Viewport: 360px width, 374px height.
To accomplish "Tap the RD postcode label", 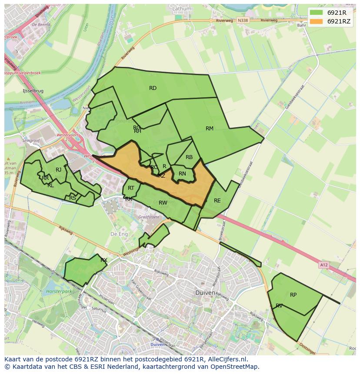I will [x=153, y=88].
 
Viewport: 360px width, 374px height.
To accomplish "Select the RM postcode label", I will [x=210, y=129].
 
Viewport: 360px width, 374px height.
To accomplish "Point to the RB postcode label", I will [x=189, y=157].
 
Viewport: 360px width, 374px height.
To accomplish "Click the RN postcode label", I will [x=182, y=174].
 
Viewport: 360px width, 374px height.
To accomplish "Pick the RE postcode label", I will [x=217, y=201].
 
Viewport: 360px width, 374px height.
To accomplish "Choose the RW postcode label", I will [x=163, y=203].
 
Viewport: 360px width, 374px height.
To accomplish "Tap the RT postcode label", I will [x=131, y=188].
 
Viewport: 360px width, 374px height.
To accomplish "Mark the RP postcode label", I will [x=293, y=295].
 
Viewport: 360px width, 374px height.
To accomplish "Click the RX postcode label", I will [x=104, y=260].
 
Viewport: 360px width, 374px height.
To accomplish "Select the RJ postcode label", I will [x=58, y=170].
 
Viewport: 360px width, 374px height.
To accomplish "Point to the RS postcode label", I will [x=73, y=198].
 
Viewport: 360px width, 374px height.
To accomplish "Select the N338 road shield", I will [x=243, y=20].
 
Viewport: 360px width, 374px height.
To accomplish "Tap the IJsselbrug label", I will [x=33, y=91].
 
